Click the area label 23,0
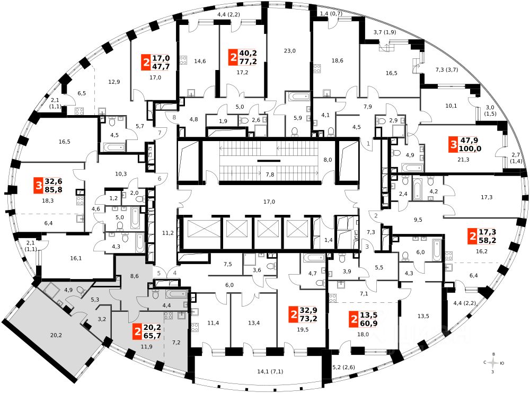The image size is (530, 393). pyautogui.click(x=289, y=51)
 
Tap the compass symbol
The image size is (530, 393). pyautogui.click(x=494, y=363)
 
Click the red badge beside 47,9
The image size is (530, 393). pyautogui.click(x=453, y=144)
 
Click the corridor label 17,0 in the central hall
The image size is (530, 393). pyautogui.click(x=269, y=202)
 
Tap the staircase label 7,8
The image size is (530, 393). pyautogui.click(x=270, y=174)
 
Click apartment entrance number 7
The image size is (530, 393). pyautogui.click(x=160, y=132)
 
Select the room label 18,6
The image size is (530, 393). pyautogui.click(x=338, y=61)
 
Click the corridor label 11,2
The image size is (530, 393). pyautogui.click(x=168, y=232)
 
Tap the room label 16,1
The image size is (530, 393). pyautogui.click(x=76, y=258)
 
